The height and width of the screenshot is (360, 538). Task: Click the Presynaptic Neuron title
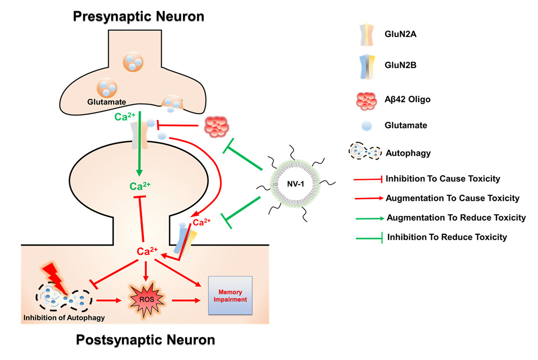pyautogui.click(x=138, y=16)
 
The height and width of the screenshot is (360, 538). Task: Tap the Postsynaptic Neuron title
pyautogui.click(x=145, y=340)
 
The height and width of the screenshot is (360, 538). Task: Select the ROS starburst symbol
pyautogui.click(x=146, y=300)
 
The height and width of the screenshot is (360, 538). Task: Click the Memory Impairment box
pyautogui.click(x=229, y=295)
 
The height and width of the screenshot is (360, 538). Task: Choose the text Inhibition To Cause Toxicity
pyautogui.click(x=443, y=178)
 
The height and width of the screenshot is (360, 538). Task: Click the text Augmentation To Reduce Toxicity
pyautogui.click(x=455, y=217)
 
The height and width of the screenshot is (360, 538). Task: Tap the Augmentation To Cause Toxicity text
pyautogui.click(x=452, y=198)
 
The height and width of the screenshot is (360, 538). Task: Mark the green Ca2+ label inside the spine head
pyautogui.click(x=140, y=187)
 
